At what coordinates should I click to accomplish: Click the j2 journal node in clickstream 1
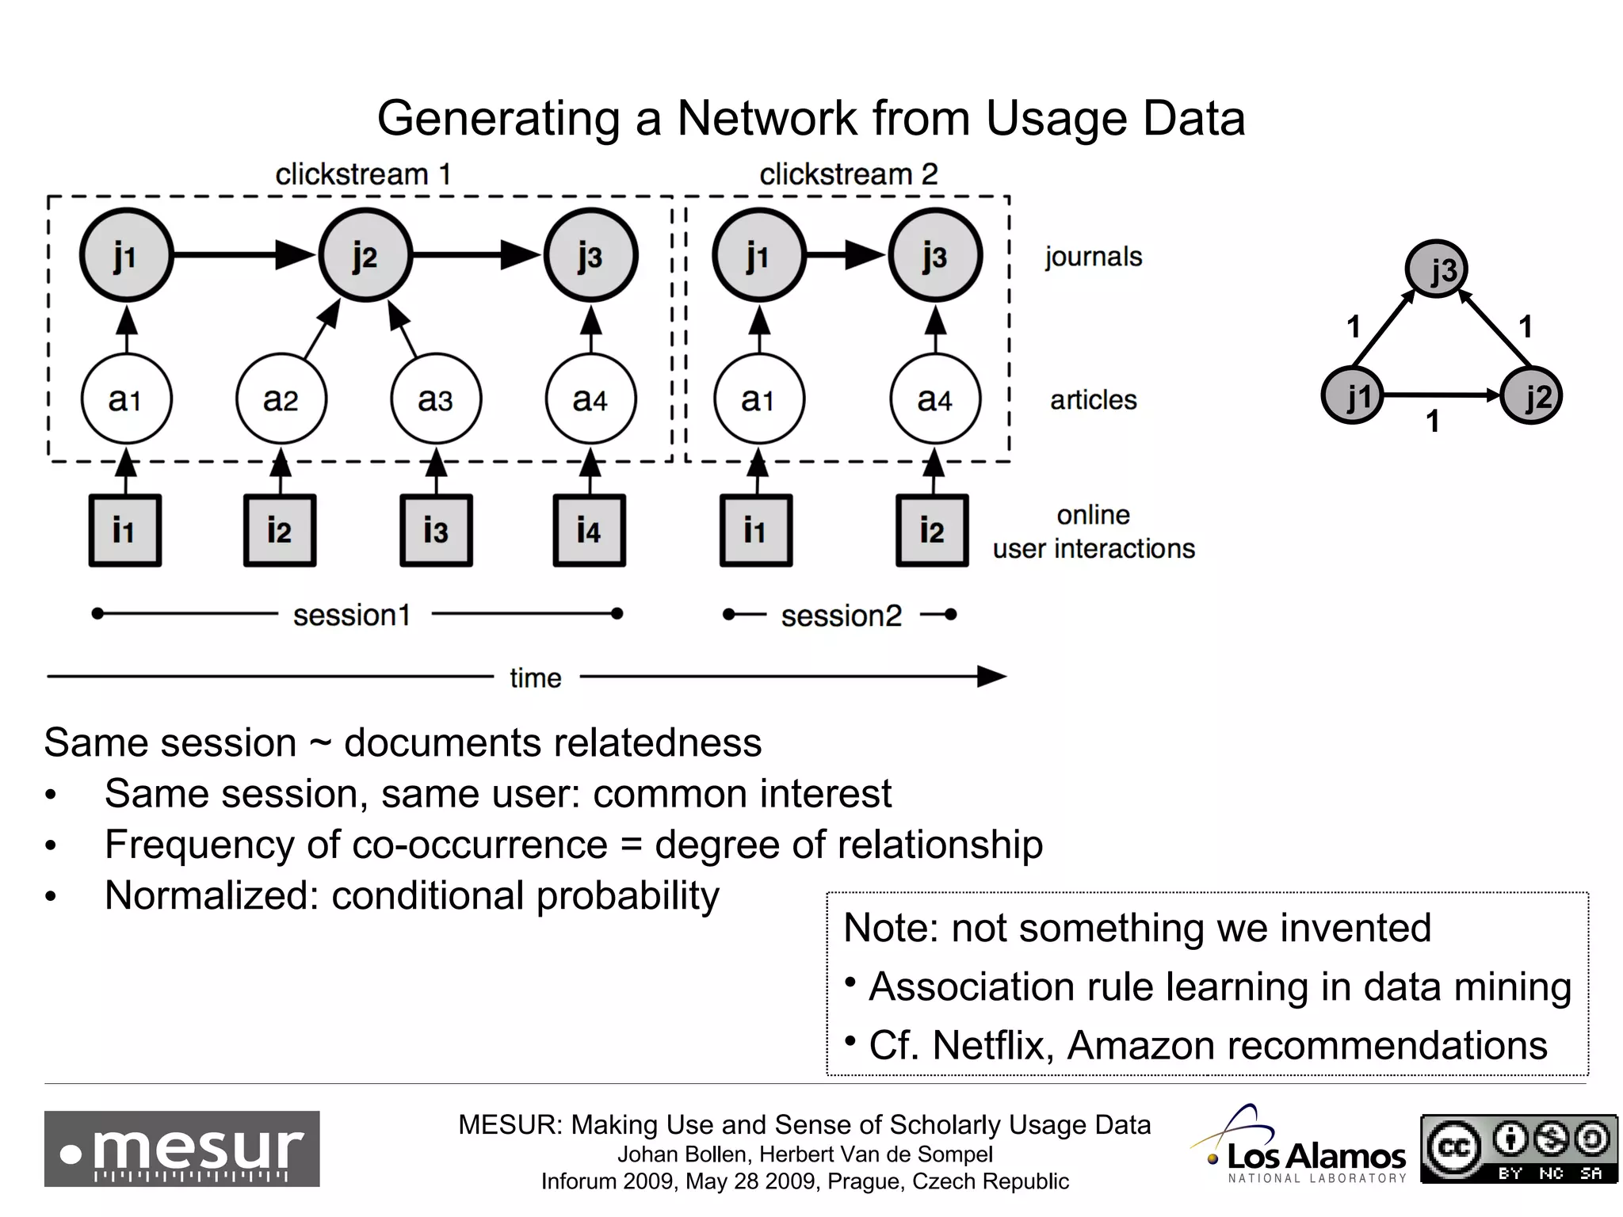[x=365, y=255]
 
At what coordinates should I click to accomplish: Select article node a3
[x=435, y=399]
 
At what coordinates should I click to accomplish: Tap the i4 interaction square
[x=589, y=530]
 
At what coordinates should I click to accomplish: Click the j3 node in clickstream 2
[x=935, y=255]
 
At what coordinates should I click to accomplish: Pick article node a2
[x=281, y=399]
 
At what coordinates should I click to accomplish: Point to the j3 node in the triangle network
[x=1437, y=269]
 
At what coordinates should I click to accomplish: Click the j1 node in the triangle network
[x=1353, y=395]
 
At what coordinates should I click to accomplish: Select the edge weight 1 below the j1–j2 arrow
[x=1433, y=422]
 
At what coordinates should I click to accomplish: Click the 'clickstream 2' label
[x=848, y=174]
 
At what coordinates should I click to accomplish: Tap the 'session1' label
[x=352, y=615]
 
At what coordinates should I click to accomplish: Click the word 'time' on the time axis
[x=535, y=678]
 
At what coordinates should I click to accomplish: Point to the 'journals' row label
[x=1093, y=257]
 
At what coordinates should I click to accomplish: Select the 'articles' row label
[x=1093, y=400]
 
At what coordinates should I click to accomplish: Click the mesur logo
[x=181, y=1148]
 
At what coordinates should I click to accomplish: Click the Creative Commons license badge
[x=1518, y=1148]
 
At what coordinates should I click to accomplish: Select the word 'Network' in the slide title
[x=766, y=119]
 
